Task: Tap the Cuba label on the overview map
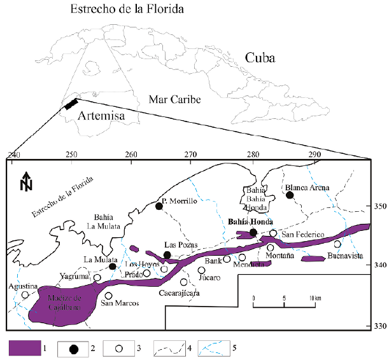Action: (260, 59)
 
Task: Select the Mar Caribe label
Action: (174, 100)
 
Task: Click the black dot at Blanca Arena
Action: (290, 195)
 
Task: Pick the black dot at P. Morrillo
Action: (159, 205)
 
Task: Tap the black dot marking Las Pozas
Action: (167, 255)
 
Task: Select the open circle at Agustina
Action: (25, 294)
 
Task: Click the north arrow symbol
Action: (26, 181)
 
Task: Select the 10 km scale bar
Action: (283, 306)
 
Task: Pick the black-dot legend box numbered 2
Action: (74, 348)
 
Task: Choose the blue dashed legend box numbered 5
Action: (215, 348)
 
